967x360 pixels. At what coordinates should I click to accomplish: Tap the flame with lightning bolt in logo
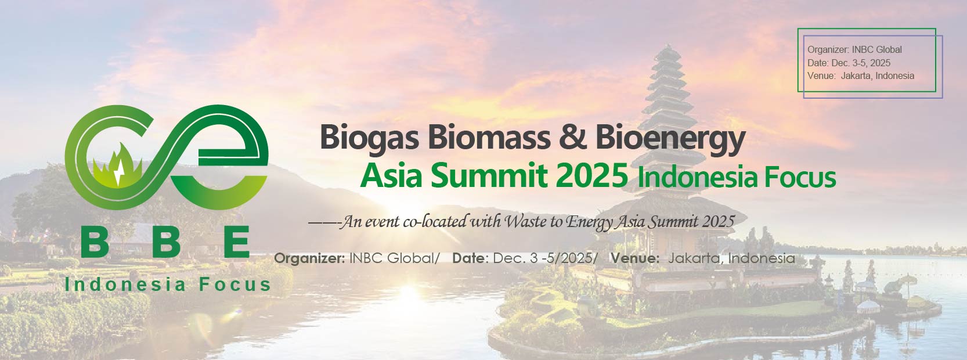click(x=117, y=166)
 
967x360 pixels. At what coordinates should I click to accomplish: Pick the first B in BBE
click(x=95, y=242)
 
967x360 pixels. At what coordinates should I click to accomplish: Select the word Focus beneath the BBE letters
click(x=235, y=285)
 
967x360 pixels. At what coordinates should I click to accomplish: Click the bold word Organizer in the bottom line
click(x=309, y=258)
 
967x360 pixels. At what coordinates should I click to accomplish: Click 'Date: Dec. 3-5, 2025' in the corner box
click(x=849, y=63)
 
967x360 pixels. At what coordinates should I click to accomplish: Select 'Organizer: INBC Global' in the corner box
click(x=855, y=49)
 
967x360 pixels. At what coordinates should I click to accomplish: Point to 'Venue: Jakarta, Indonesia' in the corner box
click(x=861, y=76)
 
